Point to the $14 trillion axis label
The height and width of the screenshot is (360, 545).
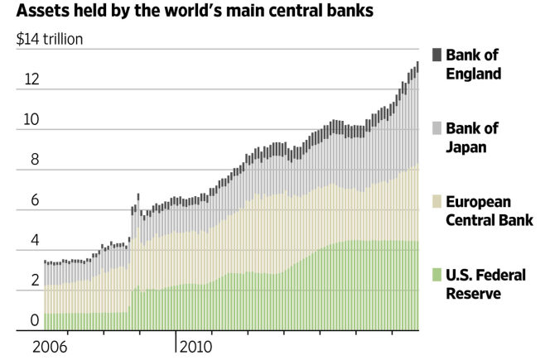click(x=50, y=39)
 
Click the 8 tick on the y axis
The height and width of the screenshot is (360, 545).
click(x=33, y=160)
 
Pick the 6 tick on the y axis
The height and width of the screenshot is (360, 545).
click(x=33, y=200)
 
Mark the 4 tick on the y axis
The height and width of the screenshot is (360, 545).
click(x=33, y=240)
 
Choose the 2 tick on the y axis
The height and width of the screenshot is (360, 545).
click(x=33, y=281)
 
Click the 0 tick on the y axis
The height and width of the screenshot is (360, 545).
click(x=33, y=321)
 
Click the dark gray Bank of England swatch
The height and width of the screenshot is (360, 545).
click(x=436, y=55)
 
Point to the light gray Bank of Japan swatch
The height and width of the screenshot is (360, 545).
click(x=436, y=128)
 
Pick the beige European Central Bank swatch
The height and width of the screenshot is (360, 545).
click(x=436, y=201)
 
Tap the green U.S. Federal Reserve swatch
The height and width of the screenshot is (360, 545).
click(x=436, y=275)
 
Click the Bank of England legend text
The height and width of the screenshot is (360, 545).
click(x=473, y=64)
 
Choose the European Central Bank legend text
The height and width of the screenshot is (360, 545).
click(x=490, y=210)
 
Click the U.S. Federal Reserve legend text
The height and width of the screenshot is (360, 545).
click(x=485, y=284)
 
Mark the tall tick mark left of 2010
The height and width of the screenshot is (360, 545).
click(x=176, y=341)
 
